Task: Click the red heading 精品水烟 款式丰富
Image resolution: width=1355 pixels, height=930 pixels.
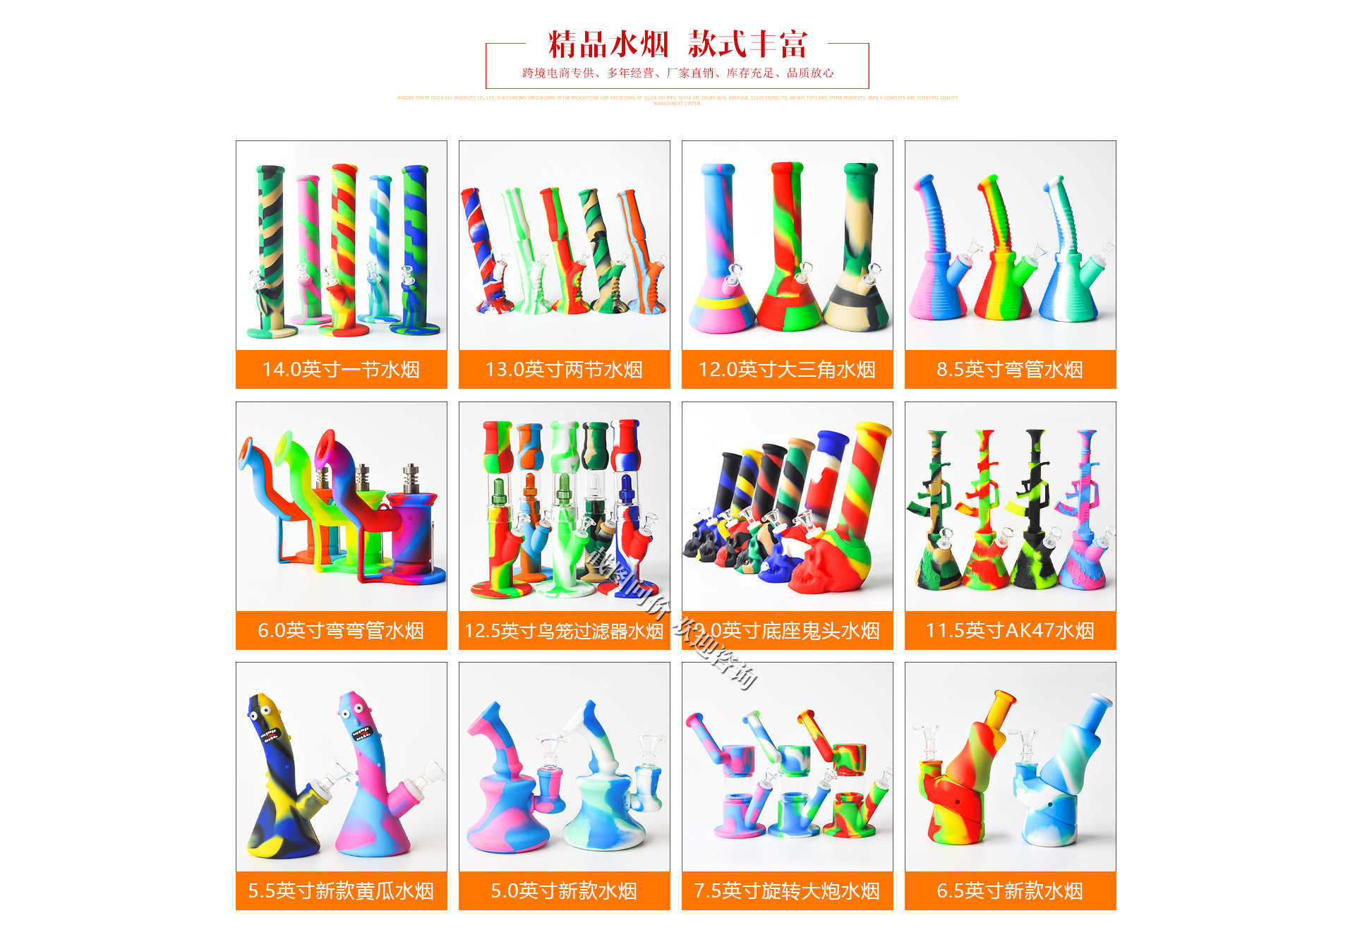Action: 677,44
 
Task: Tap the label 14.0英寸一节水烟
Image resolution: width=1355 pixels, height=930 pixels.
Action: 341,369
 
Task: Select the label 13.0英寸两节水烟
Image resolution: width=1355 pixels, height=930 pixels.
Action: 564,369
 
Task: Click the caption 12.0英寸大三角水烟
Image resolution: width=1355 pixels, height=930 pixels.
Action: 787,369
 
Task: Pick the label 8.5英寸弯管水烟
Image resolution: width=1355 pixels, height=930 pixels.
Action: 1010,369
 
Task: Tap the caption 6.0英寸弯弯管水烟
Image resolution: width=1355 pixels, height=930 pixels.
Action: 341,630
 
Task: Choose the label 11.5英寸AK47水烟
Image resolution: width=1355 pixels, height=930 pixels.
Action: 1010,630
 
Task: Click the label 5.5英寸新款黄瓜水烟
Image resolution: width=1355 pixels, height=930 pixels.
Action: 341,890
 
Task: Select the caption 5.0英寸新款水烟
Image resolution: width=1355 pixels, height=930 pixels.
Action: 564,890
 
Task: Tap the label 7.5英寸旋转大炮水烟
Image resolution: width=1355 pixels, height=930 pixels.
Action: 787,890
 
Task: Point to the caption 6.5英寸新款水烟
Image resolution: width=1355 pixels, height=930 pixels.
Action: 1010,890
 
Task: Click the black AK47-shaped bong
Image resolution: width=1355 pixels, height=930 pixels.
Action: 1035,515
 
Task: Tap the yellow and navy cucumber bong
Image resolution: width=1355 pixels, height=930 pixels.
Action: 279,783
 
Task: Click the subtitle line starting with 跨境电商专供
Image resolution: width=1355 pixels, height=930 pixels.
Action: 677,73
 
